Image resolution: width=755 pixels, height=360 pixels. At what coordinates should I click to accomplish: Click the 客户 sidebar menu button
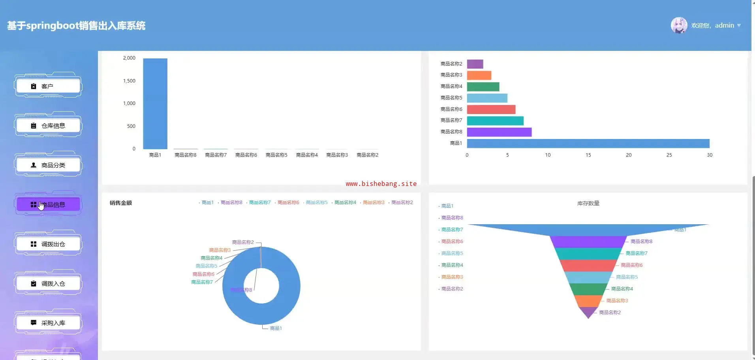click(x=48, y=86)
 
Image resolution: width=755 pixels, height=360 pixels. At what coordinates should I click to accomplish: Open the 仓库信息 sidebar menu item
click(x=48, y=126)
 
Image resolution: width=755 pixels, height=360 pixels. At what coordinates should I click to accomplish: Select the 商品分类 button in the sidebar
click(x=48, y=165)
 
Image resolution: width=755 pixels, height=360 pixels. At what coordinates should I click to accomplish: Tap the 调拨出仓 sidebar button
click(x=48, y=244)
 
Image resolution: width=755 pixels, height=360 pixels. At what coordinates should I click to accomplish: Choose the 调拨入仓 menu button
click(x=48, y=283)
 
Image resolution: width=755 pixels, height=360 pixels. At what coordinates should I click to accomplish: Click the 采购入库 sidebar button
click(x=48, y=323)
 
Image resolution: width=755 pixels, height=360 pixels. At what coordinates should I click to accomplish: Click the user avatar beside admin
click(x=679, y=25)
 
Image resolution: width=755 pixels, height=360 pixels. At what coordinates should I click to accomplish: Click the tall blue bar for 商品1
click(x=155, y=103)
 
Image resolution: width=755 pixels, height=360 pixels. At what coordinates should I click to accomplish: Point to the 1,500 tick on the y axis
click(x=129, y=81)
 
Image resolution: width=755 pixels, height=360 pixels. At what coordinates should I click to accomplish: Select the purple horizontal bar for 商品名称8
click(x=499, y=132)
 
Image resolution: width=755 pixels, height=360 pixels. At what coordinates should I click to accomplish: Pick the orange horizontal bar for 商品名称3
click(x=479, y=75)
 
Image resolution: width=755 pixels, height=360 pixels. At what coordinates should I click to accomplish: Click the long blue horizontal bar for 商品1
click(x=588, y=143)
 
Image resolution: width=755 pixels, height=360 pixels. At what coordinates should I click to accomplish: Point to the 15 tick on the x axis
click(x=588, y=155)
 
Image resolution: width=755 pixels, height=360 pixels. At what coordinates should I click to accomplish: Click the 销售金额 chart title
click(x=121, y=203)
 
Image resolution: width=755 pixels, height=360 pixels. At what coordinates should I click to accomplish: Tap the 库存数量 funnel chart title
click(x=588, y=203)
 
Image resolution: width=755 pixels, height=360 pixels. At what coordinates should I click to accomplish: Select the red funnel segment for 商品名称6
click(x=588, y=265)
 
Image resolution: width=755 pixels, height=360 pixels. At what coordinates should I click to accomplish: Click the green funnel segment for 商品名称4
click(x=588, y=289)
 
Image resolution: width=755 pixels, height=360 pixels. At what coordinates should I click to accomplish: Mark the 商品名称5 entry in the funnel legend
click(x=452, y=253)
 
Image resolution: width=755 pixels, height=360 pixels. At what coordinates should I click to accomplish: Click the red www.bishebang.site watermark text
click(x=381, y=184)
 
